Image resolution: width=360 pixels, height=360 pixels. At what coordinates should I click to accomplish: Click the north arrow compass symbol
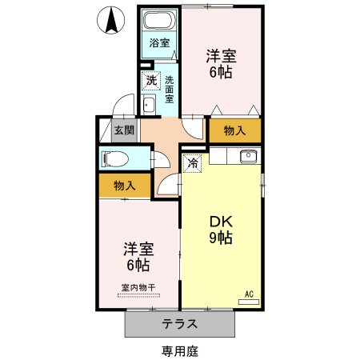tap(113, 20)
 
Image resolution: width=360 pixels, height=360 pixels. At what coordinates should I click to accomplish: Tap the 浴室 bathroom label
tap(159, 43)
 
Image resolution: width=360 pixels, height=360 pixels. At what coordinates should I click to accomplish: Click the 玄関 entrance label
tap(123, 130)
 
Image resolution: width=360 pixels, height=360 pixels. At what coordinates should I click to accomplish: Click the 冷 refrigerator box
tap(193, 163)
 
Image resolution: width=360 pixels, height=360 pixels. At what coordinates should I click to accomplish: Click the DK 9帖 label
tap(221, 230)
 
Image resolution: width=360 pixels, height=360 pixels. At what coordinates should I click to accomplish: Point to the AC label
tap(249, 293)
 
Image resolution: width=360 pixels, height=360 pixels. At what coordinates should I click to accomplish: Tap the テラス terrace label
tap(181, 325)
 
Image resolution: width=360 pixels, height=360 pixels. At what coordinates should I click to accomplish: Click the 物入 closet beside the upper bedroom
tap(234, 130)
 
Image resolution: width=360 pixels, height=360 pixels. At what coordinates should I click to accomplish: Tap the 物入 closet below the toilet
tap(124, 186)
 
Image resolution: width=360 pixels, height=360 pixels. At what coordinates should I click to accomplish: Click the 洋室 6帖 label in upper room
tap(221, 62)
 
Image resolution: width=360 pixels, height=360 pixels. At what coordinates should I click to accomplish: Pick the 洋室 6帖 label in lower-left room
tap(138, 256)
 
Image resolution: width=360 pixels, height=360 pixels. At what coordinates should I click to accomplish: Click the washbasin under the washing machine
tap(149, 105)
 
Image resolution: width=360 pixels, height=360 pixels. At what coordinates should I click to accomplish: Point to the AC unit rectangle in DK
tap(249, 302)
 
